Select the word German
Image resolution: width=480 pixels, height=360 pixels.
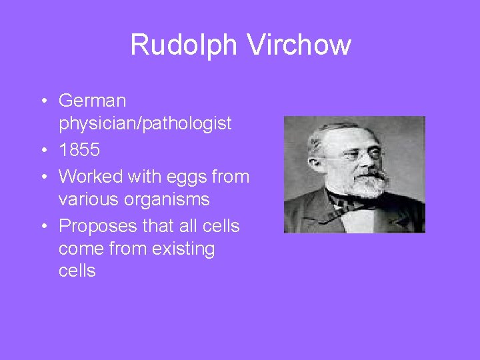pyautogui.click(x=92, y=101)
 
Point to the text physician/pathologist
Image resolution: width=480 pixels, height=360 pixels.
pyautogui.click(x=145, y=123)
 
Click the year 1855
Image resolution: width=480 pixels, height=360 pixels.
pyautogui.click(x=79, y=150)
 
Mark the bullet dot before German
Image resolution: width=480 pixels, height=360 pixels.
pyautogui.click(x=43, y=101)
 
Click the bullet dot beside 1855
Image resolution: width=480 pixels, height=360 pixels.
pyautogui.click(x=43, y=151)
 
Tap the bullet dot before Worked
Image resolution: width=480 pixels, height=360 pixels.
pyautogui.click(x=43, y=177)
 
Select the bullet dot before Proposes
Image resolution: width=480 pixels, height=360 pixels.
pyautogui.click(x=43, y=227)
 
